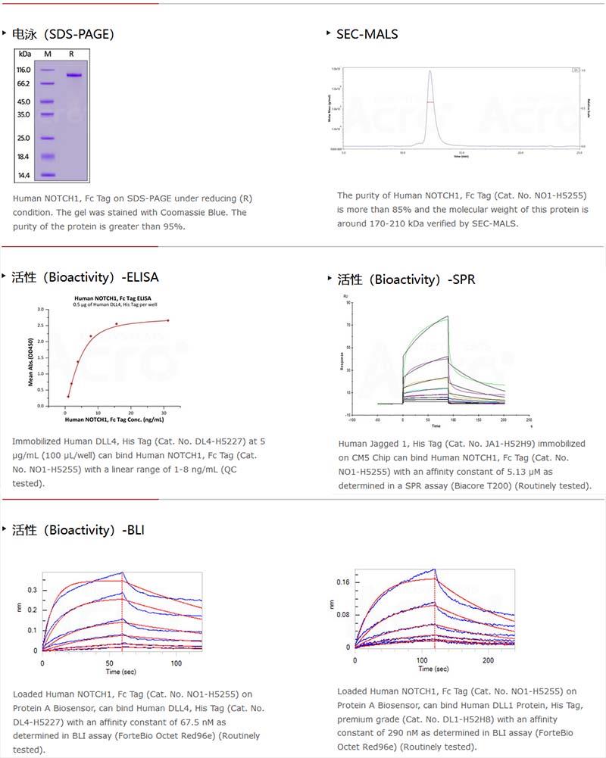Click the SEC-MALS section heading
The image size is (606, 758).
(367, 34)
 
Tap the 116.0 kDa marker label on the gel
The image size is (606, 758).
(23, 70)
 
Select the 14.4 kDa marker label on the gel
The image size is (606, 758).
(23, 176)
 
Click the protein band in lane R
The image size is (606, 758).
(73, 74)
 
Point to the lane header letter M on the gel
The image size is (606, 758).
(47, 54)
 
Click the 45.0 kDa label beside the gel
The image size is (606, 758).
(23, 102)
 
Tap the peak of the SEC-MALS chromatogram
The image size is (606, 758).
(430, 72)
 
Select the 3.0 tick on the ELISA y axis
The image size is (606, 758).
(42, 310)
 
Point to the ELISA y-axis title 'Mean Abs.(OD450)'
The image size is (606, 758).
(31, 360)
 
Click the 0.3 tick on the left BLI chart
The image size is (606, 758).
(32, 589)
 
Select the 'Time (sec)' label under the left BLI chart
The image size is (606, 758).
(121, 672)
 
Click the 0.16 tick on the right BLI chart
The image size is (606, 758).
(342, 582)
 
